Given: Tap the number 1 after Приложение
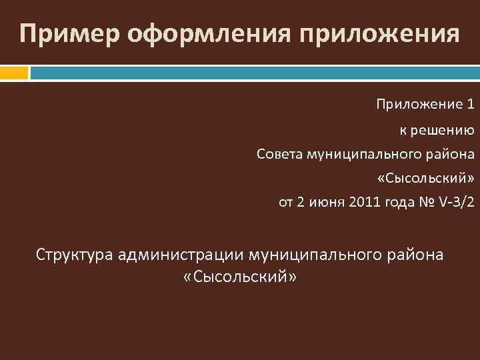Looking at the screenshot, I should click(471, 104).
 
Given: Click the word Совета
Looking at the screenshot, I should click(279, 155).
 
